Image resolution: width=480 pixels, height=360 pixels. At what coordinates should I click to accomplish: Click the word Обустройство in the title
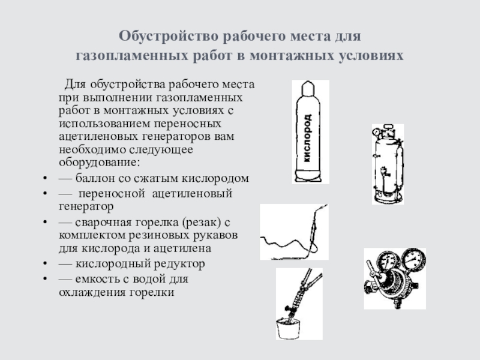point(169,37)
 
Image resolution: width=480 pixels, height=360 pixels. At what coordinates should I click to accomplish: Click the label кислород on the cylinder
point(307,138)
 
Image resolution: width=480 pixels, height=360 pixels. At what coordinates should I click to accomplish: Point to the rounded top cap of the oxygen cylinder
point(308,87)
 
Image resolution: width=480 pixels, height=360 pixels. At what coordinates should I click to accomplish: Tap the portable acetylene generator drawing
point(388,164)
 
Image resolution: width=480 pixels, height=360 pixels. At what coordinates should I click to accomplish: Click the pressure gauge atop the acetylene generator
point(376,131)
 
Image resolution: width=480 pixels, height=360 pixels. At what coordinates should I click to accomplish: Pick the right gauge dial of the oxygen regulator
point(413,259)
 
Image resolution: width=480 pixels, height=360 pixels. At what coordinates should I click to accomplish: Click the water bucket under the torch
point(288,328)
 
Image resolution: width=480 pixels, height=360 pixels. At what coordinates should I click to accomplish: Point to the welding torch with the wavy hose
point(294,232)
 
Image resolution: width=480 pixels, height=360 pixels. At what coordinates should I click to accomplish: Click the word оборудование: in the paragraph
point(99,163)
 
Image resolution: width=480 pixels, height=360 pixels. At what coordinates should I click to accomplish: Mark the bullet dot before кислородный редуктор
point(46,263)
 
